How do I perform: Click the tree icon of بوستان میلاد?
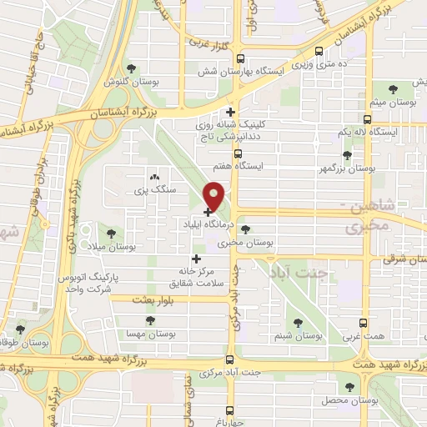[x=113, y=232]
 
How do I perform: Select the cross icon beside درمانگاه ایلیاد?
[x=208, y=213]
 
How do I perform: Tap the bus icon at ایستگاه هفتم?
[x=238, y=154]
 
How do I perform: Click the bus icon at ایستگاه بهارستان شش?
[x=241, y=58]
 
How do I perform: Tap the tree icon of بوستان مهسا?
[x=150, y=320]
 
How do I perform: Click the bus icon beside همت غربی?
[x=364, y=323]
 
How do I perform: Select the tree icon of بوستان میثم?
[x=391, y=89]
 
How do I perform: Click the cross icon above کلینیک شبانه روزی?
[x=231, y=111]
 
